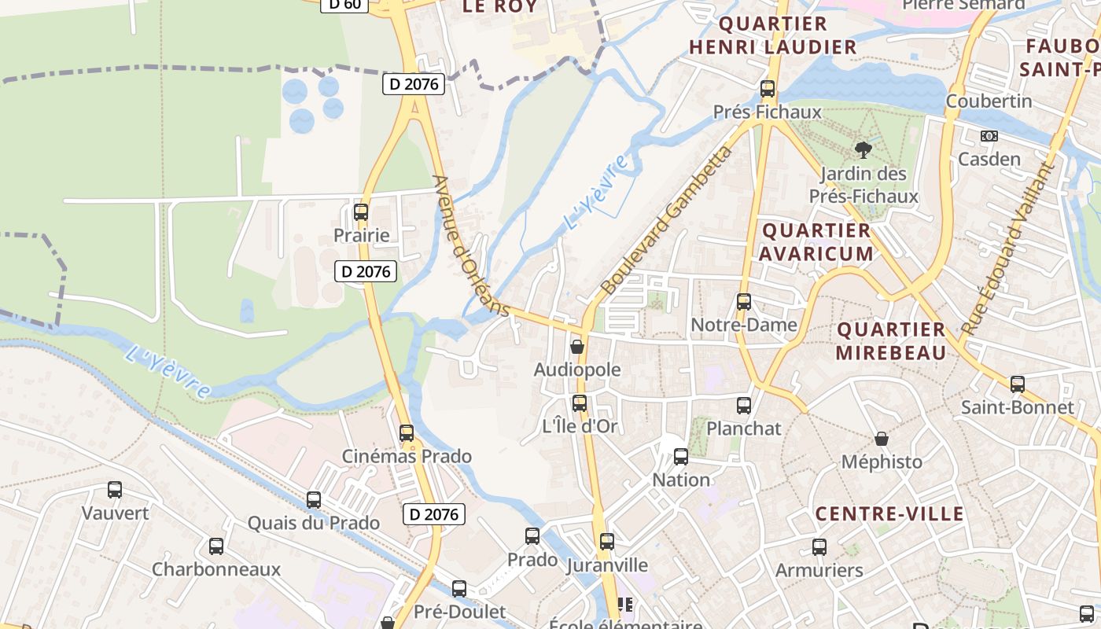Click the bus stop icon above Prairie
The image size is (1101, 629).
click(x=361, y=212)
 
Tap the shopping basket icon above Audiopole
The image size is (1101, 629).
click(x=577, y=347)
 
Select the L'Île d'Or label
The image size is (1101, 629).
click(x=580, y=427)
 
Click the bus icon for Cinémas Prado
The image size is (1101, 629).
click(x=407, y=433)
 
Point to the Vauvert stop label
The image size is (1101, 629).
click(x=115, y=513)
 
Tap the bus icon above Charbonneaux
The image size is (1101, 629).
click(x=216, y=546)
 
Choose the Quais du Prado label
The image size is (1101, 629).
click(x=313, y=523)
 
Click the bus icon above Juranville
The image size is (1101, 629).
click(x=607, y=542)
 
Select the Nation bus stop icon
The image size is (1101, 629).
click(x=681, y=457)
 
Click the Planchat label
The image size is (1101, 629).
click(x=744, y=429)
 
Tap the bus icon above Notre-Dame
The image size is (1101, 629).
click(x=744, y=302)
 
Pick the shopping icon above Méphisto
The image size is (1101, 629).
click(x=882, y=439)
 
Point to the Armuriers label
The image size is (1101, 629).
click(x=819, y=570)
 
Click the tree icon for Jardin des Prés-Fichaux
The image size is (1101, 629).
click(x=863, y=149)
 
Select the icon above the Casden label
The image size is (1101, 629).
click(x=989, y=136)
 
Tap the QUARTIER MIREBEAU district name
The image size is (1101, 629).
click(x=891, y=341)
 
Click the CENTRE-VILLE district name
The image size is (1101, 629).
click(x=889, y=514)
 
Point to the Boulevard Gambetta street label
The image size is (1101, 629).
click(x=665, y=220)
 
